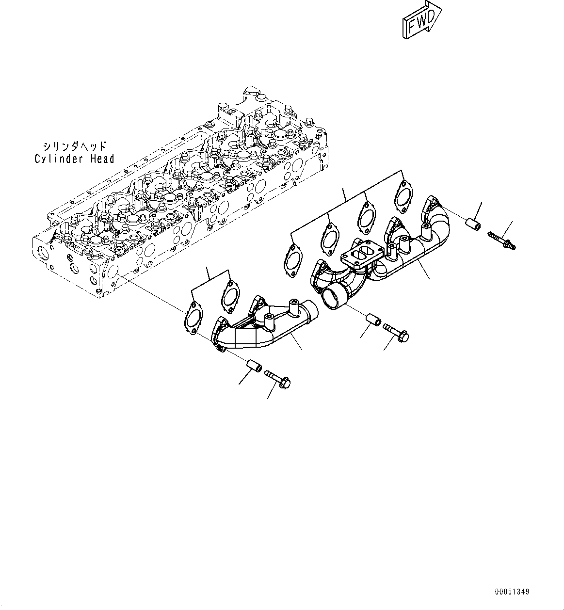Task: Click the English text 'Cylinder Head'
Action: pyautogui.click(x=74, y=159)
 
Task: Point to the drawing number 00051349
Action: pyautogui.click(x=513, y=592)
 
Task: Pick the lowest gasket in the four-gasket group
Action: pyautogui.click(x=292, y=262)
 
